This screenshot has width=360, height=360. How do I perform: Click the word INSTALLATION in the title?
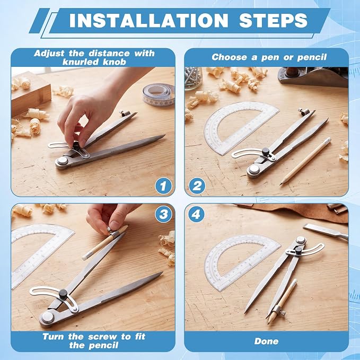click(149, 21)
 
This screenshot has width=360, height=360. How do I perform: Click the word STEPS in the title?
click(273, 21)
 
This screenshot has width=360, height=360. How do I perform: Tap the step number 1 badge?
click(163, 186)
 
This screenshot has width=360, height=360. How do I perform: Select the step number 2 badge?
click(197, 186)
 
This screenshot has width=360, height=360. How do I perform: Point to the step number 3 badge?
click(163, 214)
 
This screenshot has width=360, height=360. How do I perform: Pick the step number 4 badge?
click(196, 214)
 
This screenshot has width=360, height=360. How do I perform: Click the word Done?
click(266, 341)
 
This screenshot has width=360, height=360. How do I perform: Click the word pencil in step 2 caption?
click(312, 57)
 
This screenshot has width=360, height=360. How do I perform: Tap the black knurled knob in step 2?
click(266, 151)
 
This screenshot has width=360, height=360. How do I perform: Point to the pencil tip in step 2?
click(281, 184)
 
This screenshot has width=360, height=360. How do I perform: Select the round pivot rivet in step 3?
click(48, 317)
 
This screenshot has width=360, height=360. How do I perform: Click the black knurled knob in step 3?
click(63, 293)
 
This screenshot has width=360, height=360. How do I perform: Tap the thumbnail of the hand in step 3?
click(114, 225)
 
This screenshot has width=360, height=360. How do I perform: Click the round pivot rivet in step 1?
click(63, 161)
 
